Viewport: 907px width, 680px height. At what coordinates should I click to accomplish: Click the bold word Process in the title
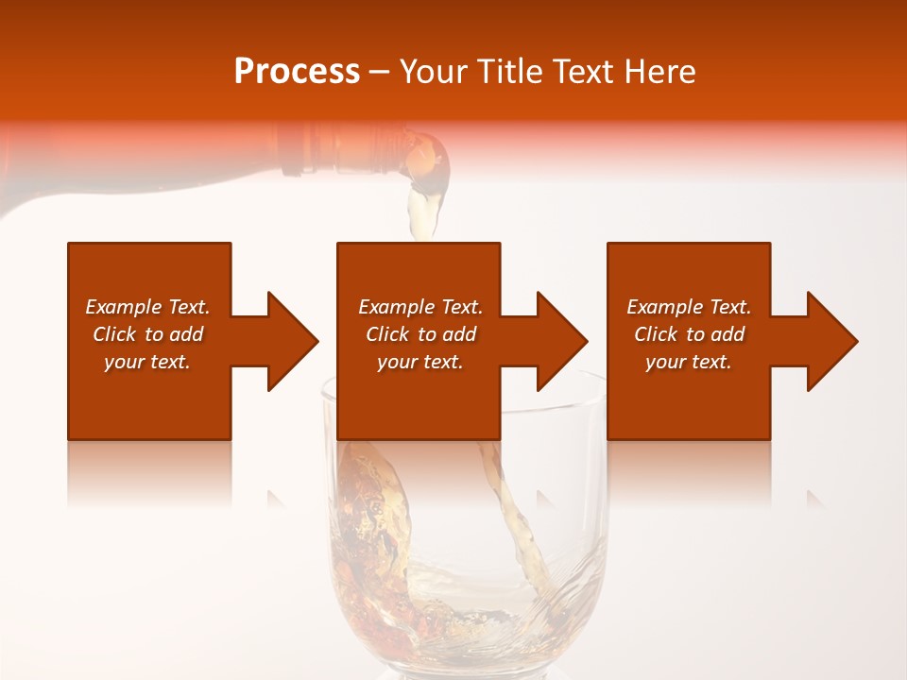tap(297, 72)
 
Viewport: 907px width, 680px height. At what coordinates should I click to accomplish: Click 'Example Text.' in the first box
tap(147, 307)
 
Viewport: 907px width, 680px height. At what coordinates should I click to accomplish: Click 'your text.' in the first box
tap(147, 362)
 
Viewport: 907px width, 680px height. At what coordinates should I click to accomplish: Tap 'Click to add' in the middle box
tap(420, 334)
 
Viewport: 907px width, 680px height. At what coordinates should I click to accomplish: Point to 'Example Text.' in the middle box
tap(420, 307)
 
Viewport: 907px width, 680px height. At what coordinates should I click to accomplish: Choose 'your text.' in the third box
tap(688, 362)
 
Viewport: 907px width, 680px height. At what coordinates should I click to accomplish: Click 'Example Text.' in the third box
tap(689, 307)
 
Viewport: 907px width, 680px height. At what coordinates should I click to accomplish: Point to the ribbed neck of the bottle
tap(321, 151)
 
